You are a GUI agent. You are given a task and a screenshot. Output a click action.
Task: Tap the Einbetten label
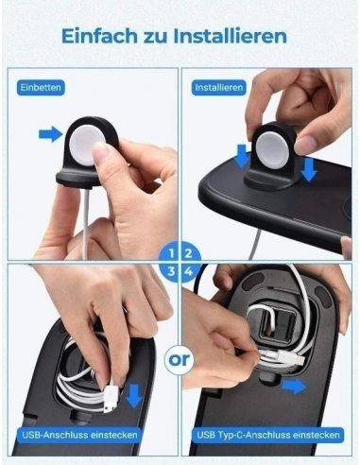click(41, 87)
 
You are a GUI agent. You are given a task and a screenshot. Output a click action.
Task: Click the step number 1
click(168, 252)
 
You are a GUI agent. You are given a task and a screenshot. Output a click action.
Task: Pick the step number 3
click(168, 271)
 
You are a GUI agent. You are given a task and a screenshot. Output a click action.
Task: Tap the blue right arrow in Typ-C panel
click(294, 386)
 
